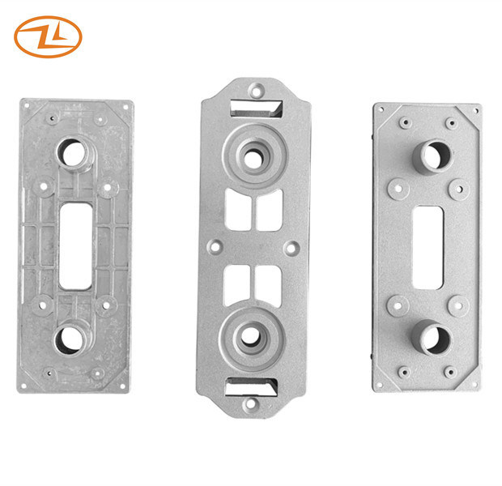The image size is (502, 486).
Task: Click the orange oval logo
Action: (x=48, y=36)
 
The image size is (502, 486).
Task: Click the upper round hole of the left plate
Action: (x=74, y=154)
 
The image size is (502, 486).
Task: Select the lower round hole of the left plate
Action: (x=70, y=339)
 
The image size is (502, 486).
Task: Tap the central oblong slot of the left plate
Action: (x=75, y=246)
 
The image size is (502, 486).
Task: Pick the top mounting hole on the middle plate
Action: (x=256, y=91)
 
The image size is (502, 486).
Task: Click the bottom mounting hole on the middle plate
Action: (x=250, y=403)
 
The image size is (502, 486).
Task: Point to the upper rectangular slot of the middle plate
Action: (x=257, y=109)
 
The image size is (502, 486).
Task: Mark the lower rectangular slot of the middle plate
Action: (x=251, y=386)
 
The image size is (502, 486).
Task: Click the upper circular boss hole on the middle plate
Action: (x=253, y=158)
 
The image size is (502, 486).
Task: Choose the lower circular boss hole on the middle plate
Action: (x=250, y=336)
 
